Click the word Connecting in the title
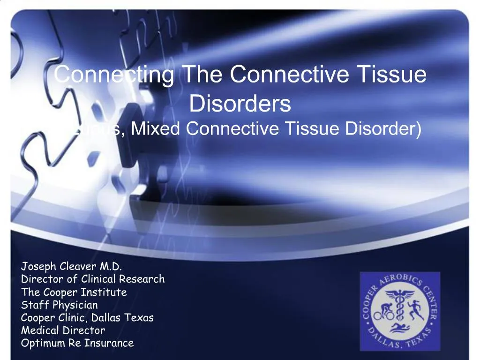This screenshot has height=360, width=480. [115, 75]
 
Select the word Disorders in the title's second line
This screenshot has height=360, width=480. [240, 104]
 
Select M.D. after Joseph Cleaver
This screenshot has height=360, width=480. [111, 267]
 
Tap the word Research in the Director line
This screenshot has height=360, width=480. [142, 279]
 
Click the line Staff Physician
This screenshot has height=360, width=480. [60, 305]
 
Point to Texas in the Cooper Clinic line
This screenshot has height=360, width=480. [139, 317]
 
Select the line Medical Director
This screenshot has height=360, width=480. [63, 330]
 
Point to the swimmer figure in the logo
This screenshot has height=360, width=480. [399, 327]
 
